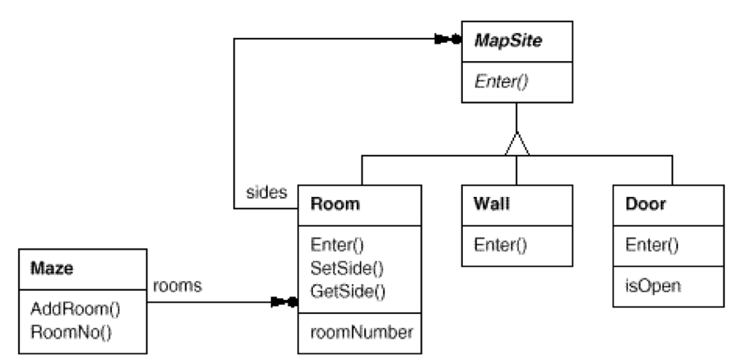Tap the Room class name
pos(335,203)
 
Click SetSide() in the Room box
pos(347,268)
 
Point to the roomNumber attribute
pos(361,333)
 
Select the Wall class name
pos(491,203)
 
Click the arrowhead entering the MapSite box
pos(449,39)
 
